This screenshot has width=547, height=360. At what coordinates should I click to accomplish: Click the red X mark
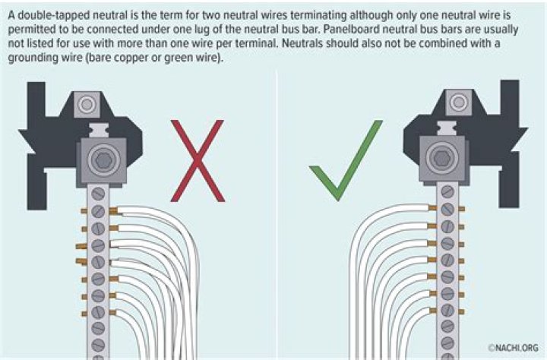tap(198, 161)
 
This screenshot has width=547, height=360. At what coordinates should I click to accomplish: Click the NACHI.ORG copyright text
tap(513, 347)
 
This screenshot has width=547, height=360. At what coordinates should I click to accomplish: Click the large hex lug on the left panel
tap(103, 160)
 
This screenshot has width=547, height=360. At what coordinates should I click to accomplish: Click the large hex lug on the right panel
tap(442, 159)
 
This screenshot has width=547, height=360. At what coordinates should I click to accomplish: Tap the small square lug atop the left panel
tap(87, 104)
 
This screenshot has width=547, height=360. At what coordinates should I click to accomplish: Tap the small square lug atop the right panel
tap(459, 103)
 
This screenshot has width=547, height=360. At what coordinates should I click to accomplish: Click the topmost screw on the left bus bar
tap(98, 194)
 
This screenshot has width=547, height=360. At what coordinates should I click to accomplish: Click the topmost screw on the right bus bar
tap(447, 192)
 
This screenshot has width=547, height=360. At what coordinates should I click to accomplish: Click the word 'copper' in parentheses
tap(131, 58)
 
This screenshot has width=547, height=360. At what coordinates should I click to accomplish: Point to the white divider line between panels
tap(277, 214)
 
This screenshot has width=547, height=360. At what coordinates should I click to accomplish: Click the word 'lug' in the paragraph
tap(201, 30)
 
